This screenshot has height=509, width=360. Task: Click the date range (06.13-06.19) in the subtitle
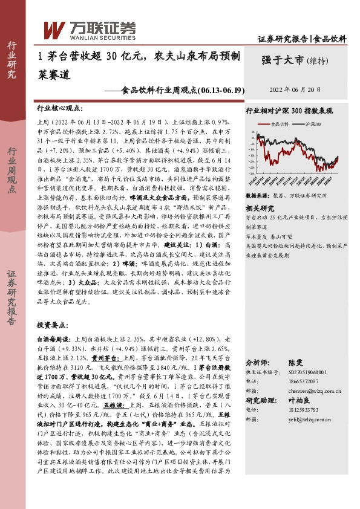(221, 91)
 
